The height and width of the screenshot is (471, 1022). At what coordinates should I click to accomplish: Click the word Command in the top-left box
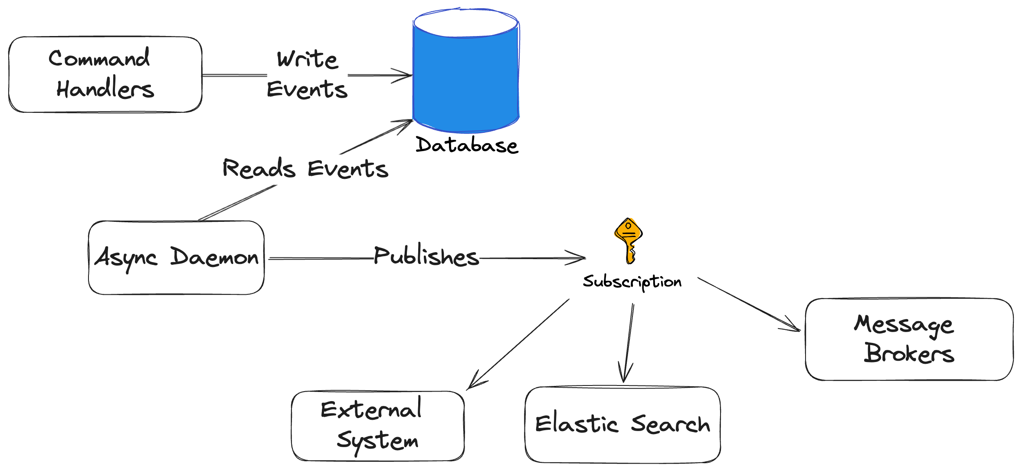pyautogui.click(x=99, y=59)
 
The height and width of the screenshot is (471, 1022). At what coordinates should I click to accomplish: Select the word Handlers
pyautogui.click(x=105, y=89)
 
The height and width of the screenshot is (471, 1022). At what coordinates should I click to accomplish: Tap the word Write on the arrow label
pyautogui.click(x=307, y=59)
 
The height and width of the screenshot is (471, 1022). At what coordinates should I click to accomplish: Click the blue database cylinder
pyautogui.click(x=466, y=82)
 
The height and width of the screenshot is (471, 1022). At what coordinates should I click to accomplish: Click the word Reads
pyautogui.click(x=259, y=168)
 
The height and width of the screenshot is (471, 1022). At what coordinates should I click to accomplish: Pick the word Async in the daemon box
pyautogui.click(x=126, y=258)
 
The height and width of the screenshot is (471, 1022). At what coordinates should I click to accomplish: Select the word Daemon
pyautogui.click(x=214, y=257)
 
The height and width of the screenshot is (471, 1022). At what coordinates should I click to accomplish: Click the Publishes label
pyautogui.click(x=426, y=256)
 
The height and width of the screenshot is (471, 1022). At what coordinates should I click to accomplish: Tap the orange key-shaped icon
pyautogui.click(x=628, y=239)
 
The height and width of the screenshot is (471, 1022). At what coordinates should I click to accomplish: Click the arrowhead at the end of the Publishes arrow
pyautogui.click(x=581, y=258)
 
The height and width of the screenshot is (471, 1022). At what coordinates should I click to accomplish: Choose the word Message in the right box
pyautogui.click(x=904, y=325)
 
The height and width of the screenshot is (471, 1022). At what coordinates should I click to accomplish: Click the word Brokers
pyautogui.click(x=909, y=354)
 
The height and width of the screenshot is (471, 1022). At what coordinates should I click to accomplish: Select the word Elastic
pyautogui.click(x=576, y=424)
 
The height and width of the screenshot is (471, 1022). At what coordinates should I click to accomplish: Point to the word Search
pyautogui.click(x=670, y=424)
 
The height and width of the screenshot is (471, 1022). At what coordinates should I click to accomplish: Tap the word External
pyautogui.click(x=371, y=409)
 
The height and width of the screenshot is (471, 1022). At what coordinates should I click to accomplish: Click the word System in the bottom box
pyautogui.click(x=377, y=441)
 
